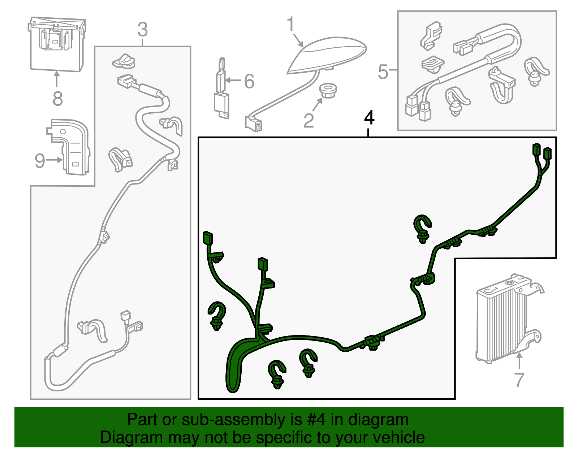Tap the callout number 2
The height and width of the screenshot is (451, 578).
(309, 121)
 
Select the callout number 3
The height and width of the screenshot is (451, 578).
(143, 30)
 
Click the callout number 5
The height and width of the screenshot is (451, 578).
(383, 72)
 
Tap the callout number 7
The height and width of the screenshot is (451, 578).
(519, 380)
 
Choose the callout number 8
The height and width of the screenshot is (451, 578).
(58, 99)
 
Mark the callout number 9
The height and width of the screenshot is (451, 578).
(40, 161)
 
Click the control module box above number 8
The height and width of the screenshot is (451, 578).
(57, 44)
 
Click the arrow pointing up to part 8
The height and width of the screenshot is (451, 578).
(57, 79)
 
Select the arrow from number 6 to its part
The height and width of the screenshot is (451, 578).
(233, 80)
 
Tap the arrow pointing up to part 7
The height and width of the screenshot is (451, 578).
(519, 361)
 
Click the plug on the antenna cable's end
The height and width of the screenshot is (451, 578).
(254, 123)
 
